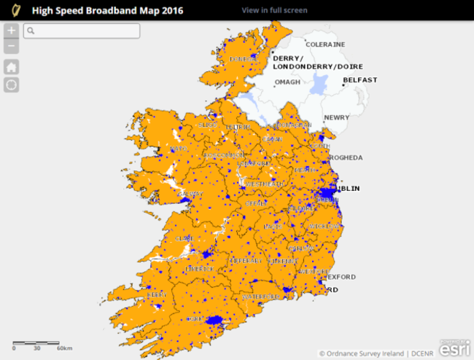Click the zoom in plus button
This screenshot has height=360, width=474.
point(12,31)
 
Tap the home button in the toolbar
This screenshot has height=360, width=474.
point(12,67)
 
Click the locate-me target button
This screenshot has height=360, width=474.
point(12,85)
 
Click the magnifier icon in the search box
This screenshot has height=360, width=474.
point(31,31)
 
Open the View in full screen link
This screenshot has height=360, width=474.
point(274,10)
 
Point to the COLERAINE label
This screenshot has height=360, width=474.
point(325,44)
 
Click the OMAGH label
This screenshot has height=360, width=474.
point(287,82)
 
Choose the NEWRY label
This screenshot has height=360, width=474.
point(337,117)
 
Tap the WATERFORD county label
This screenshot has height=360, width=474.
point(261,297)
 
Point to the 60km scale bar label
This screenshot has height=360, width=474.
point(64,348)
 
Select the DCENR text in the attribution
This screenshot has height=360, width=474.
point(421,353)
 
